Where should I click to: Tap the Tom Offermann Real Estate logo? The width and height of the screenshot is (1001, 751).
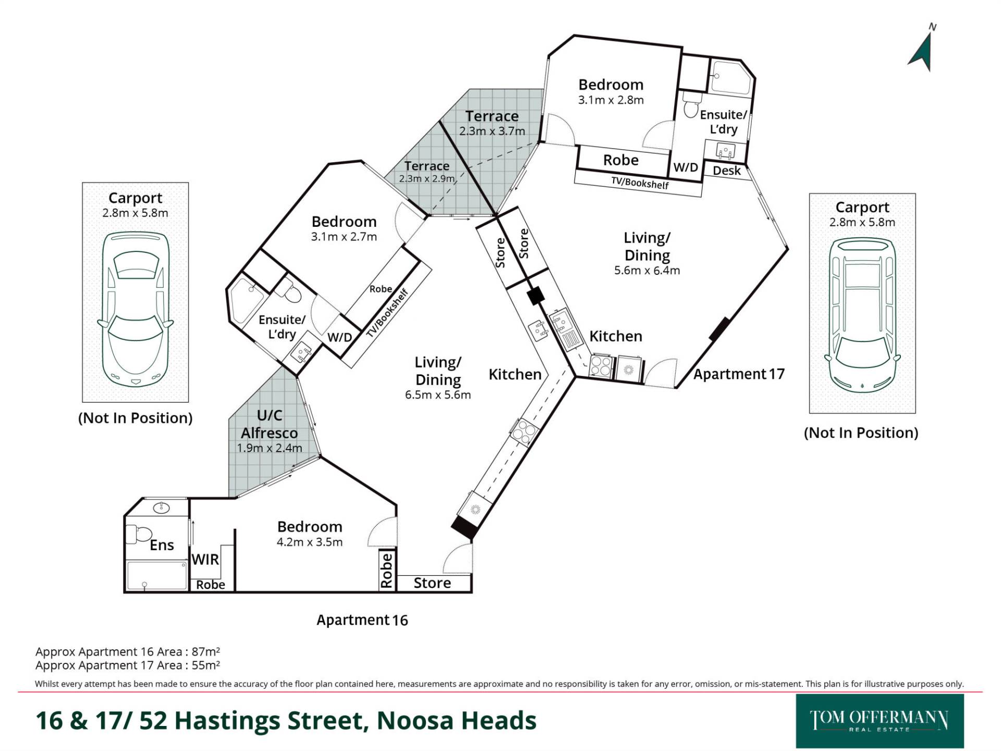coord(880,721)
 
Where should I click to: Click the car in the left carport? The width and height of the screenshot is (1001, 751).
coord(135,309)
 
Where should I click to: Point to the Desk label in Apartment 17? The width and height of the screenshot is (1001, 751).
coord(726,171)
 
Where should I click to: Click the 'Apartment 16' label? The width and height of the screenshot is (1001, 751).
coord(362,620)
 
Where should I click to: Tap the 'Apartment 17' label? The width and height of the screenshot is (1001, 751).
coord(739,374)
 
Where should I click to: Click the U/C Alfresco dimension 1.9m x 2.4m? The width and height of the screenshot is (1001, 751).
coord(269,448)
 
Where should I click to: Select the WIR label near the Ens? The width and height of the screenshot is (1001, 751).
coord(205,560)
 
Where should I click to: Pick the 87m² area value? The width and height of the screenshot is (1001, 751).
coord(205,651)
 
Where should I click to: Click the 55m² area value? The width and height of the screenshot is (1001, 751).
coord(205,665)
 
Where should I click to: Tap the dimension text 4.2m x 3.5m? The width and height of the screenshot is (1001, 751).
coord(309,542)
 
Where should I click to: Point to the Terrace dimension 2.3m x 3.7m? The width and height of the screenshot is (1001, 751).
coord(492,131)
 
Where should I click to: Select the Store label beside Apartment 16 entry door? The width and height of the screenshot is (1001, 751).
coord(432,583)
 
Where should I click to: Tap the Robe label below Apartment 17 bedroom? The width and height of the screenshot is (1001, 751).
coord(620,160)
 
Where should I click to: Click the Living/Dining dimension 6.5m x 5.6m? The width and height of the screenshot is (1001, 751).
coord(438,395)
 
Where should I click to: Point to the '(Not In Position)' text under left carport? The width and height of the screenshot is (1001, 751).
coord(135,418)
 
